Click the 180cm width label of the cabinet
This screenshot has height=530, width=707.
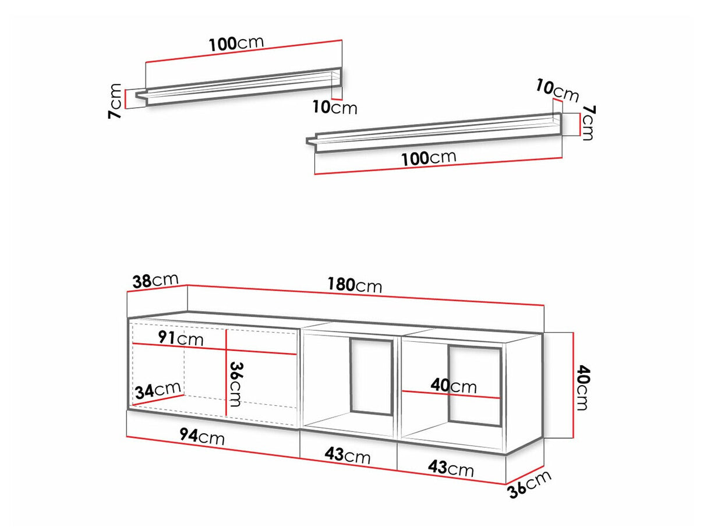pos(355,285)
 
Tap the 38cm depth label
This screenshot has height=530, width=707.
pos(155,281)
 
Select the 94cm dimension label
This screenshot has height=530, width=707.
pos(202,437)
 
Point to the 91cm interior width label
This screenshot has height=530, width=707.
pos(181,338)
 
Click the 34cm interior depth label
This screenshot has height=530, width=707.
pos(158,390)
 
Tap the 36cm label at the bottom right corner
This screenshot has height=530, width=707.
pos(529,484)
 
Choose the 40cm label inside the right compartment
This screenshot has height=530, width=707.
pos(454,386)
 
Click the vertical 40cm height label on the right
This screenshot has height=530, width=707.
pos(582,387)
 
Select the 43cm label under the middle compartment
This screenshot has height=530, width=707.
pos(348,455)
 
